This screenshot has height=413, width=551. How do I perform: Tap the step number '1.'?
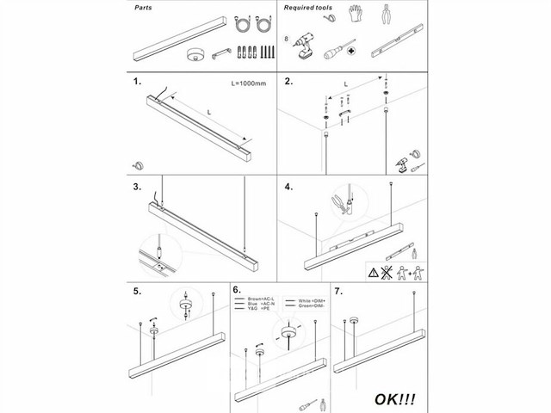coord(137,83)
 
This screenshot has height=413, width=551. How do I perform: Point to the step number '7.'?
coord(338,292)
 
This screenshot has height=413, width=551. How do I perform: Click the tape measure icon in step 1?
coord(138,163)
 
